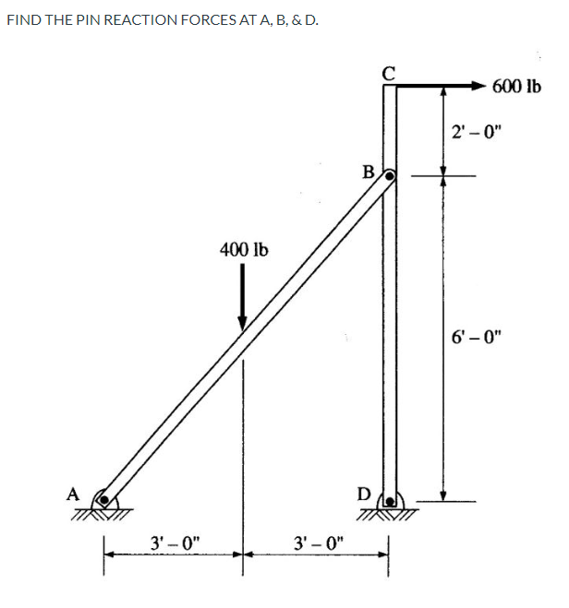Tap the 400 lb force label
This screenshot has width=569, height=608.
pyautogui.click(x=243, y=248)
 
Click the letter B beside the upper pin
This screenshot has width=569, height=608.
pyautogui.click(x=369, y=171)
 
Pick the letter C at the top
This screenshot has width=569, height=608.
pyautogui.click(x=389, y=71)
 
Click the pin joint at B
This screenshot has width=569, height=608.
pyautogui.click(x=390, y=174)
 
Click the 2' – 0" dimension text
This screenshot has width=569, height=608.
pyautogui.click(x=475, y=131)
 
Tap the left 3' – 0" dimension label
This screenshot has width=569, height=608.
pyautogui.click(x=173, y=540)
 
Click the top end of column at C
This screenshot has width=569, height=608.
pyautogui.click(x=389, y=86)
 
